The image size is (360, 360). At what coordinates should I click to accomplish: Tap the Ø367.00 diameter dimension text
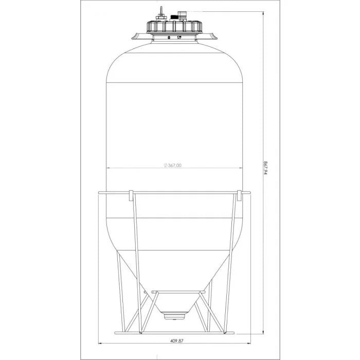point(173,165)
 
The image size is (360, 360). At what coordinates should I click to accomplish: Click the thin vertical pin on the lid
point(161,12)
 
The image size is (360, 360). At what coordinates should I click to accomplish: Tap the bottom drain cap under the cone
point(174,316)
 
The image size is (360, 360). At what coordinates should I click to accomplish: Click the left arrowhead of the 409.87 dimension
point(100,344)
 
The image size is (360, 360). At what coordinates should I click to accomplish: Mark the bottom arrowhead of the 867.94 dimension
point(263,331)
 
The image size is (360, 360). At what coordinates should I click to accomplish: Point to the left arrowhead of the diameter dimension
point(108,168)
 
